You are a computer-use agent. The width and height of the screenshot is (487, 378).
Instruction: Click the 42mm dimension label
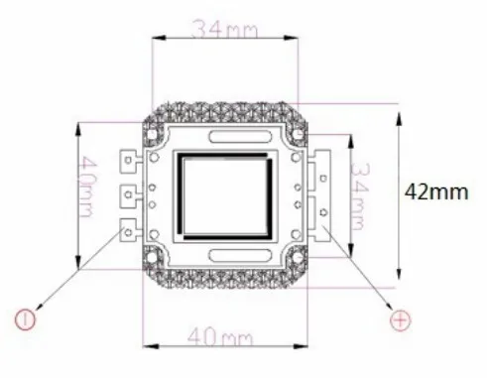[x=436, y=191]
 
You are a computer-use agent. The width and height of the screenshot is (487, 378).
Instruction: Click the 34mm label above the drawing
[x=224, y=29]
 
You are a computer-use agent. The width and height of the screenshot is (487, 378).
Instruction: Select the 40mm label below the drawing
[x=220, y=337]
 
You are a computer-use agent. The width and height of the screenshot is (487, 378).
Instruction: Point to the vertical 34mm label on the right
[x=360, y=196]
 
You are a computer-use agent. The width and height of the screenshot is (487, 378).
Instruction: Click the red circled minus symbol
[x=25, y=319]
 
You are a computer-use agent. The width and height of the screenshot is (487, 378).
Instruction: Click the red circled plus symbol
[x=401, y=320]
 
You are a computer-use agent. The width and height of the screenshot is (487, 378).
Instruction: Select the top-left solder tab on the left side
[x=128, y=161]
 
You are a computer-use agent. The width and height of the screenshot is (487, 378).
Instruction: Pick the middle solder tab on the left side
[x=128, y=196]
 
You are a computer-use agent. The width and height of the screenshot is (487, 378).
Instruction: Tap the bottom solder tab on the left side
[x=128, y=229]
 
